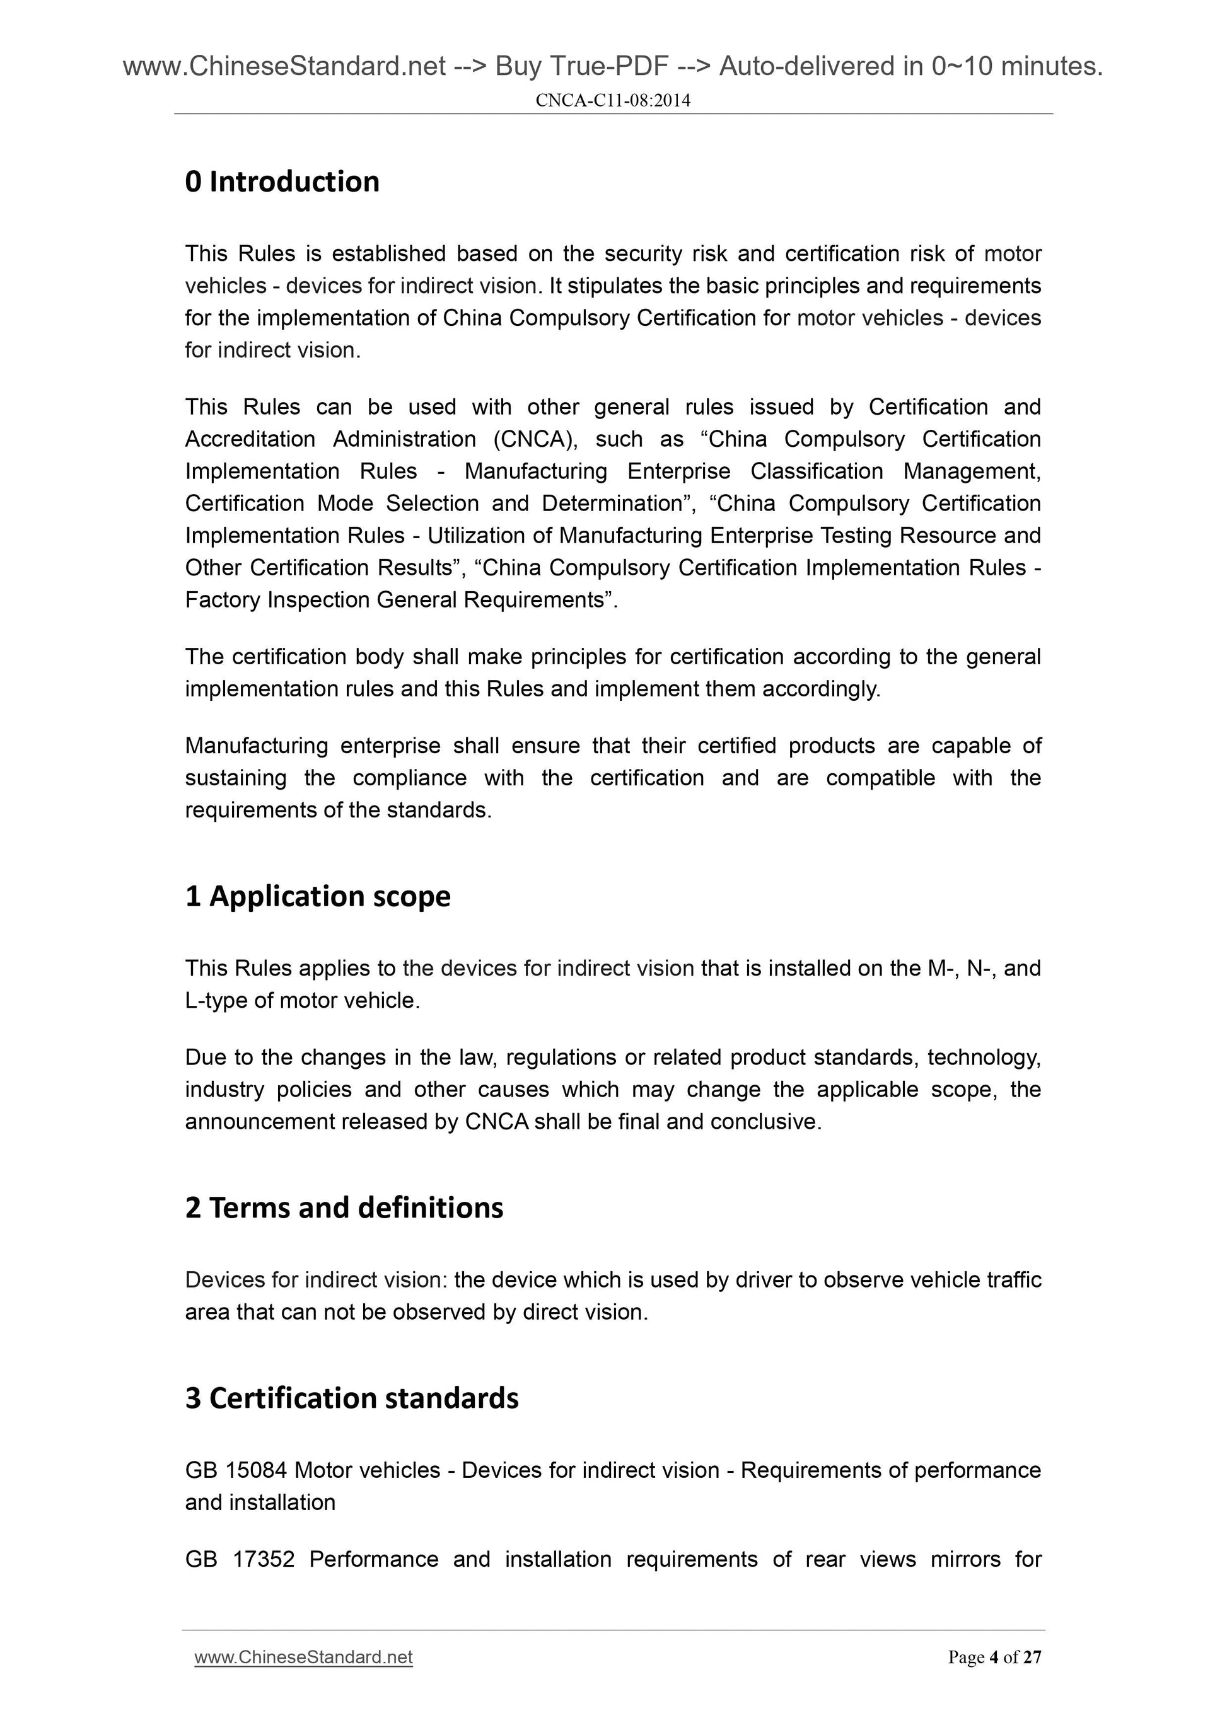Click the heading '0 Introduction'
coord(282,182)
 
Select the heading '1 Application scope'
coord(318,896)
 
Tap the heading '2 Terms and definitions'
coord(344,1208)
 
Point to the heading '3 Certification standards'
coord(352,1398)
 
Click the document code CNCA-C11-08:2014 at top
coord(612,100)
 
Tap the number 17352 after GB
coord(263,1559)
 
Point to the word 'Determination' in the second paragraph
coord(612,504)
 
